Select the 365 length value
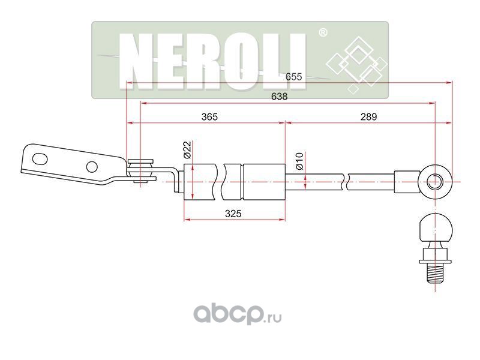tap(209, 118)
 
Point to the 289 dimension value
tap(368, 118)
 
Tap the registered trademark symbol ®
tap(322, 33)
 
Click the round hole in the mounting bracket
tap(92, 167)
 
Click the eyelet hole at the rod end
tap(436, 179)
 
